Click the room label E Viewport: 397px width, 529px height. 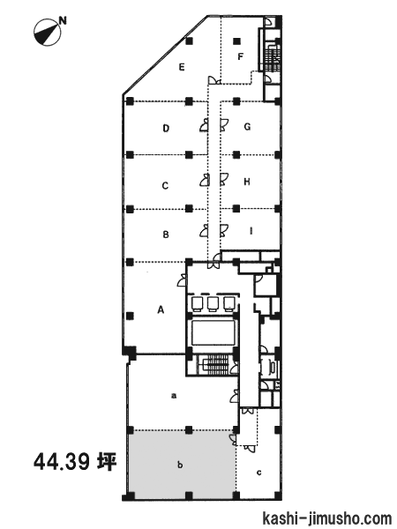click(x=182, y=67)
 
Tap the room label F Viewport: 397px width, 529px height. click(x=240, y=56)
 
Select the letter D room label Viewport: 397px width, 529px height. click(x=166, y=128)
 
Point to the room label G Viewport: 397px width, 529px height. click(x=247, y=127)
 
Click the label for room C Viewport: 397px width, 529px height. click(x=165, y=185)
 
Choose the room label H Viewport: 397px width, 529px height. click(x=247, y=182)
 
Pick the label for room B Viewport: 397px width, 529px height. click(x=166, y=235)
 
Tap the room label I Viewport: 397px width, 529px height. click(x=251, y=231)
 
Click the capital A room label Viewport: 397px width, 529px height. click(x=161, y=309)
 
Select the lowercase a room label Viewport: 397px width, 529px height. click(x=174, y=396)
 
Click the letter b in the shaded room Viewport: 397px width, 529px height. click(x=180, y=465)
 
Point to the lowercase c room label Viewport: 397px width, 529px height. click(x=258, y=473)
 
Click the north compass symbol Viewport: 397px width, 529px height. click(x=48, y=32)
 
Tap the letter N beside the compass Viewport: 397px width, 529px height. click(x=64, y=21)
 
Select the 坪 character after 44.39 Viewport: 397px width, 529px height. click(x=108, y=461)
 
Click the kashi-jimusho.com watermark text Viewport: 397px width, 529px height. click(x=326, y=518)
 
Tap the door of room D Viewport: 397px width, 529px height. click(x=204, y=125)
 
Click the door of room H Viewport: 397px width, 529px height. click(x=224, y=179)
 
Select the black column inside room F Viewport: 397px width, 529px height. click(x=237, y=41)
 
